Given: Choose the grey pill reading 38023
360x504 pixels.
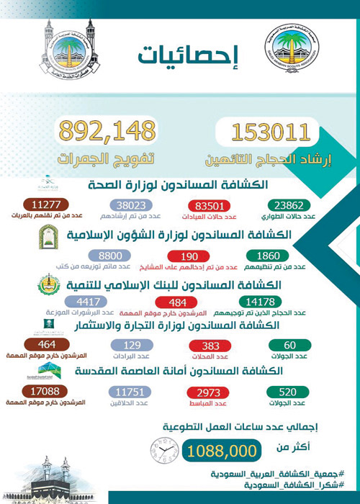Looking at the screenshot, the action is coord(124,203).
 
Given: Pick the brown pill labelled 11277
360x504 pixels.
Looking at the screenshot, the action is coord(40,203).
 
